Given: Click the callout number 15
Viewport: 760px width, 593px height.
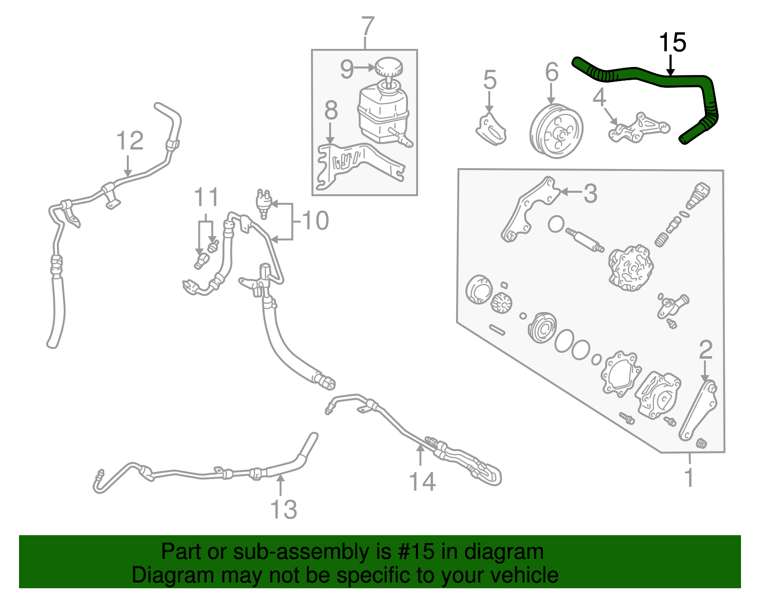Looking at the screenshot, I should [x=672, y=43].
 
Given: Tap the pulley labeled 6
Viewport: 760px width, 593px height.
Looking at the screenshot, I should [x=556, y=132].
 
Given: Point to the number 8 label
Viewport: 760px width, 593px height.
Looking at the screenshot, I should [x=331, y=111].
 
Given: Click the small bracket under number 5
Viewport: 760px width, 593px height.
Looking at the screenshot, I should [x=491, y=129].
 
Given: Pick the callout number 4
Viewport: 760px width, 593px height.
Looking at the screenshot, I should [x=599, y=97].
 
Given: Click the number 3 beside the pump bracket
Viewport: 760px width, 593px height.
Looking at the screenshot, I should [x=589, y=193].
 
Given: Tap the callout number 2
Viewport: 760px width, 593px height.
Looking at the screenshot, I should [x=705, y=350].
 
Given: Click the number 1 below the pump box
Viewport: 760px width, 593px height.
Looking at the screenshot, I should [x=689, y=477].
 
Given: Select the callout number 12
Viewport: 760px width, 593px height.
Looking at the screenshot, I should [x=130, y=141].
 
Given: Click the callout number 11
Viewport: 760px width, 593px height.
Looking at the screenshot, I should [x=207, y=198].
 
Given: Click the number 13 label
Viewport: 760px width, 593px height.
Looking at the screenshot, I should [x=284, y=509].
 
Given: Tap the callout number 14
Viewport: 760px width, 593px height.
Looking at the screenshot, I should [x=422, y=482].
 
